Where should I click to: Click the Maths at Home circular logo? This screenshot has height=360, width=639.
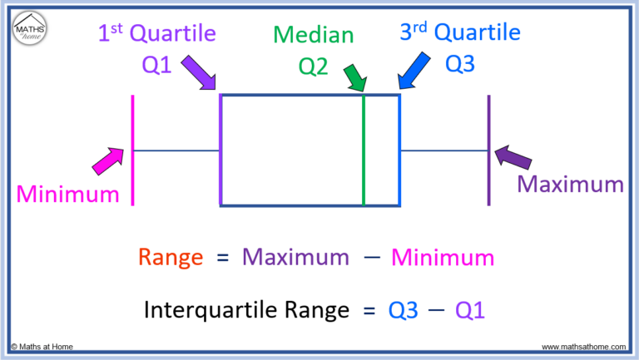coord(30,28)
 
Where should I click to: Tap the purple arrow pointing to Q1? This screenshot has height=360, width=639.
coord(199,72)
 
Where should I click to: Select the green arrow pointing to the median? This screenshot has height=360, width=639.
coord(355,78)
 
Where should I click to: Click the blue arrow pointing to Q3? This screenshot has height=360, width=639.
coord(414,71)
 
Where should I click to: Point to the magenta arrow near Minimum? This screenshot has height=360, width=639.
coord(108,161)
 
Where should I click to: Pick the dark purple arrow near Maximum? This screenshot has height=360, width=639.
coord(513,157)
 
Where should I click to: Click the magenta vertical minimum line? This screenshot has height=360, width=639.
coord(132,150)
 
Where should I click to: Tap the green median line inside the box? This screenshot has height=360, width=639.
coord(364,150)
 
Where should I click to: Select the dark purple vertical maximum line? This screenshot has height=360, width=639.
coord(488,150)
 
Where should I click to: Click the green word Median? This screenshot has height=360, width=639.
coord(314,35)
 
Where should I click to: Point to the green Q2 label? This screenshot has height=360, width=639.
coord(313,67)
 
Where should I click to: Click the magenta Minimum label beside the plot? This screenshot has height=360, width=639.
coord(67,194)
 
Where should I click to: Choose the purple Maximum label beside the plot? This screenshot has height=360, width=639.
coord(570,184)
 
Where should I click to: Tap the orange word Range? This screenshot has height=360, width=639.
coord(171,259)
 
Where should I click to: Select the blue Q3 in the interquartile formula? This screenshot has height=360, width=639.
coord(403,311)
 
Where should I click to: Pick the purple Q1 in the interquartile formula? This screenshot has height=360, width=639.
coord(470,311)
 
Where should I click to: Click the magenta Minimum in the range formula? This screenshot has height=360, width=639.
coord(443,258)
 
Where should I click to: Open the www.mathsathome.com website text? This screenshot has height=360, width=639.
coord(583,347)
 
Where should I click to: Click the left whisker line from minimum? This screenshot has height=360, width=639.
coord(176,150)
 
